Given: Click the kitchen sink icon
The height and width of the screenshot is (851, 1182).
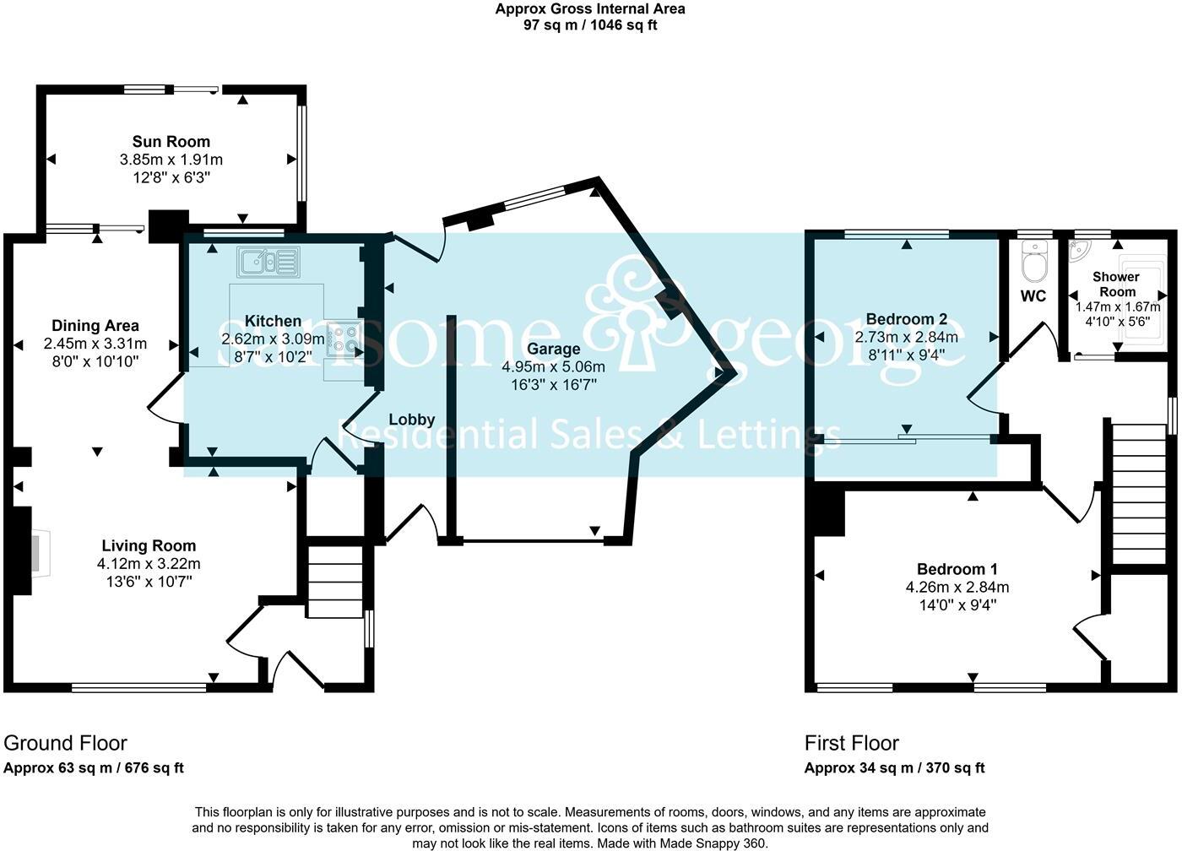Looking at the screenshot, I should tap(268, 262).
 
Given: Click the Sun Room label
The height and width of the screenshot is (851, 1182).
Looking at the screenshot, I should tap(171, 142).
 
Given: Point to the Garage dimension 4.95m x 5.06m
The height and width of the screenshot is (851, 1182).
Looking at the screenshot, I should tap(553, 367).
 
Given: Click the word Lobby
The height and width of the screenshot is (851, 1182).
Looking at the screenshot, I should tap(412, 420).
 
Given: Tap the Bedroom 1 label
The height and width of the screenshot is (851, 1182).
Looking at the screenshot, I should tap(963, 569).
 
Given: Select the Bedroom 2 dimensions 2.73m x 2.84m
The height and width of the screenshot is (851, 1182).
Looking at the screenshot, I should tap(906, 337).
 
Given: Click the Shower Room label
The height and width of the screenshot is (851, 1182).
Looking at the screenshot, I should tap(1116, 284).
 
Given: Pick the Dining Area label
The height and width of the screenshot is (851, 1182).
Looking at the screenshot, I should tap(95, 326).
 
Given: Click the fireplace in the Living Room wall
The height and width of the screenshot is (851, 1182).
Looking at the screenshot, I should tap(38, 553).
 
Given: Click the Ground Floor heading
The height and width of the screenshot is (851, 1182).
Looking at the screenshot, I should tap(66, 744).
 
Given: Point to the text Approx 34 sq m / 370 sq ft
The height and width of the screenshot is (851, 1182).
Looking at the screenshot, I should tap(894, 768).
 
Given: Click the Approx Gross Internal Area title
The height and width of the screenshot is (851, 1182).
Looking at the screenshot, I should tap(590, 9).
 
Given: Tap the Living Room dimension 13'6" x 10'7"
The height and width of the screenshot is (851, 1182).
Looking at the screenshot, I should tap(149, 582).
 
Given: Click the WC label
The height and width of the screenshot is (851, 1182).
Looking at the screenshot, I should tap(1033, 296).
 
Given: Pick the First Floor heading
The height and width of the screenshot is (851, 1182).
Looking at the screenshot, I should tap(851, 744).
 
